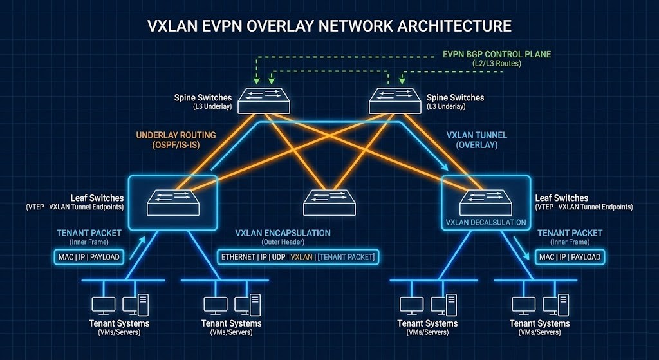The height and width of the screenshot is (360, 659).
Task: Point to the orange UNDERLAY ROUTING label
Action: (175, 136)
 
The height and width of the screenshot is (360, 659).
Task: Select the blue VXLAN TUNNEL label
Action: (476, 136)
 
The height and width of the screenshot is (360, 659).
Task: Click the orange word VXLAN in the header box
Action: (302, 257)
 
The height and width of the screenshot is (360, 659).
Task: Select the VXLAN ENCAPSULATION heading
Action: (283, 233)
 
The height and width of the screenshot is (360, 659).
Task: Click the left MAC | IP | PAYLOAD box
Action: (86, 257)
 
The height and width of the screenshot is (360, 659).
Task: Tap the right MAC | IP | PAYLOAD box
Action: (570, 257)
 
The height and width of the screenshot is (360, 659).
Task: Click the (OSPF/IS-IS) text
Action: (175, 146)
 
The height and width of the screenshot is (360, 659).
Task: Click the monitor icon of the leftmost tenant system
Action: (104, 304)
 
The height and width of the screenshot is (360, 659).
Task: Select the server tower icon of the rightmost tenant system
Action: (564, 304)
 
